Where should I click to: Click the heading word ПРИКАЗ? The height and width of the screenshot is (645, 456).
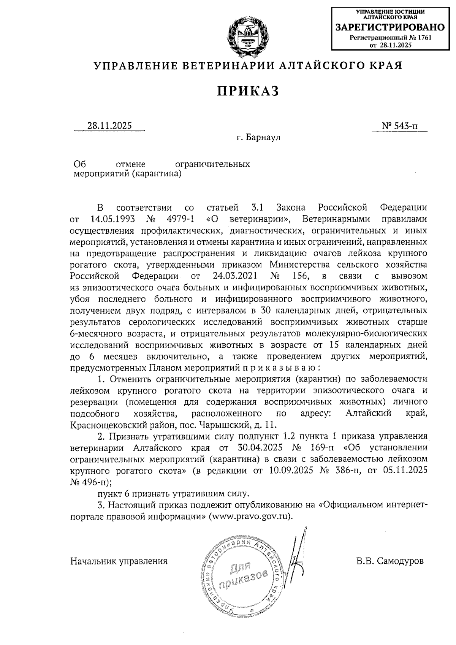pyautogui.click(x=248, y=91)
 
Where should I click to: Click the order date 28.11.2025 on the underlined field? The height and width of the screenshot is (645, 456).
pyautogui.click(x=109, y=126)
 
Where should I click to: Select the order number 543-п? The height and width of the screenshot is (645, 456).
pyautogui.click(x=404, y=126)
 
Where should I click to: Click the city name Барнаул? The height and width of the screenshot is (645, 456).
pyautogui.click(x=263, y=137)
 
